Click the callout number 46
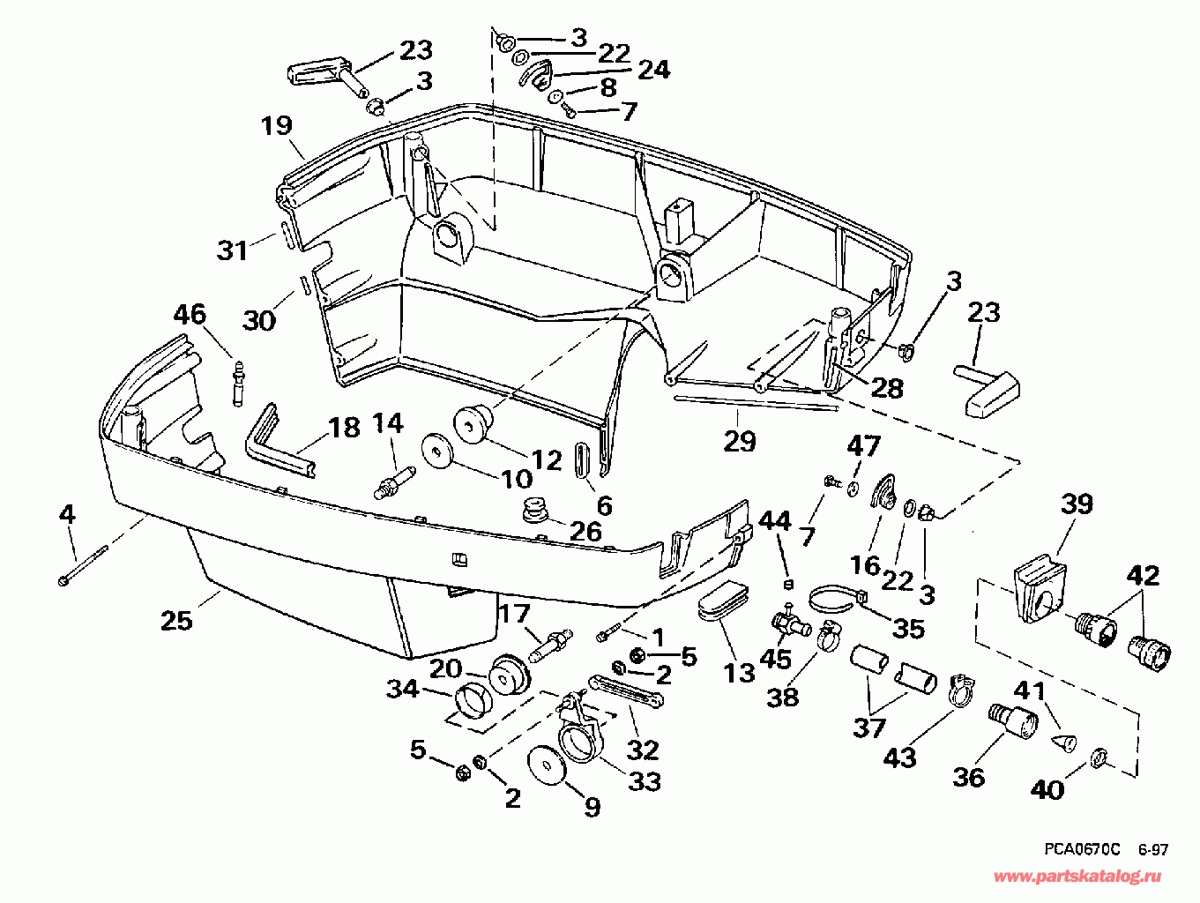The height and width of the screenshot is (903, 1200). tap(189, 315)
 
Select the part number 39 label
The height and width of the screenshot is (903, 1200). tap(1077, 504)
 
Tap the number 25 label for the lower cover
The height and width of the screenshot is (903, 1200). tap(176, 620)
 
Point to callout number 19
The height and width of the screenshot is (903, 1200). tap(277, 125)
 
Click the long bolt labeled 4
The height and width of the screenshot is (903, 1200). tap(83, 565)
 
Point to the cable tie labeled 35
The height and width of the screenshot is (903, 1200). tap(834, 600)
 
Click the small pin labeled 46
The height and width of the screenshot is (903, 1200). tap(236, 382)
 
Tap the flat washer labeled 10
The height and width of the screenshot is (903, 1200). tap(437, 452)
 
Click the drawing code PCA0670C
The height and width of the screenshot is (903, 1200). tap(1082, 849)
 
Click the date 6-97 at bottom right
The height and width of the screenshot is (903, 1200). tap(1152, 850)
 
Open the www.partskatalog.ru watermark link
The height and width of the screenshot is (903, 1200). tap(1077, 876)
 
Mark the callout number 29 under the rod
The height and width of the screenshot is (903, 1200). tap(739, 440)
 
